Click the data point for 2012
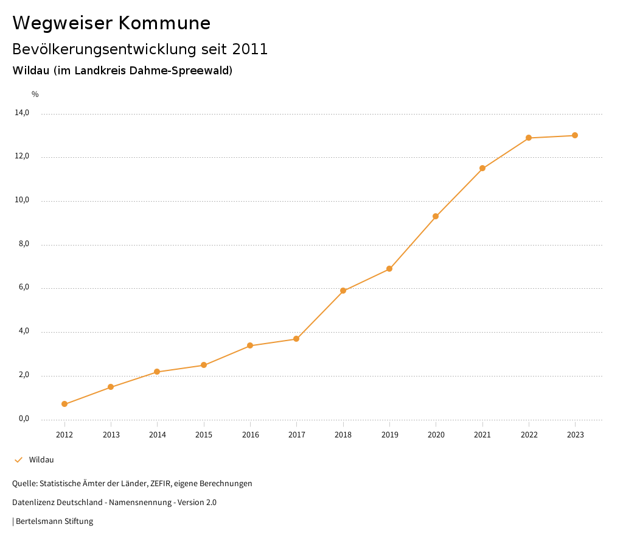pyautogui.click(x=64, y=404)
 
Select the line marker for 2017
pyautogui.click(x=296, y=339)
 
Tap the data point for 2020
pyautogui.click(x=436, y=216)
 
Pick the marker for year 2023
pyautogui.click(x=575, y=135)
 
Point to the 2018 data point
pyautogui.click(x=343, y=291)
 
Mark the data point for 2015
pyautogui.click(x=204, y=365)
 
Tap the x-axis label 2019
pyautogui.click(x=389, y=434)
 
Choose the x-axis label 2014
pyautogui.click(x=157, y=434)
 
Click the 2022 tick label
pyautogui.click(x=529, y=434)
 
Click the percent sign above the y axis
pyautogui.click(x=35, y=94)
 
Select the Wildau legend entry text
pyautogui.click(x=41, y=459)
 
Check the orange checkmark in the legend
pyautogui.click(x=18, y=459)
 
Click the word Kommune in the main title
pyautogui.click(x=164, y=23)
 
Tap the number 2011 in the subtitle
pyautogui.click(x=250, y=49)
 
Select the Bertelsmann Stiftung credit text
pyautogui.click(x=54, y=521)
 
